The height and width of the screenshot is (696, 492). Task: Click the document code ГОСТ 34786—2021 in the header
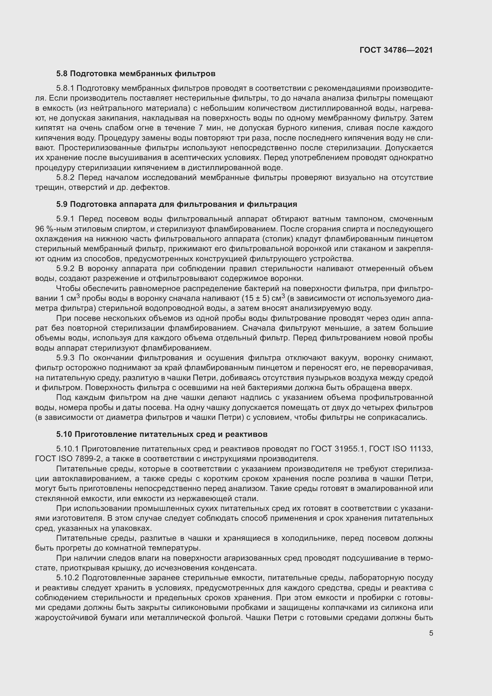click(x=396, y=50)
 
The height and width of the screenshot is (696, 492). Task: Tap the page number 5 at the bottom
click(x=431, y=633)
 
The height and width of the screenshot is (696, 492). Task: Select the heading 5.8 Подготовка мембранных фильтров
click(x=136, y=74)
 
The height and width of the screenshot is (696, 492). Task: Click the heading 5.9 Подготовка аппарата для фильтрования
click(x=176, y=204)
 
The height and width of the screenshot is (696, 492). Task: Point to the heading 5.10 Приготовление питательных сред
click(x=162, y=434)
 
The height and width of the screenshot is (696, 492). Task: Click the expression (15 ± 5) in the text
click(x=256, y=298)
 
